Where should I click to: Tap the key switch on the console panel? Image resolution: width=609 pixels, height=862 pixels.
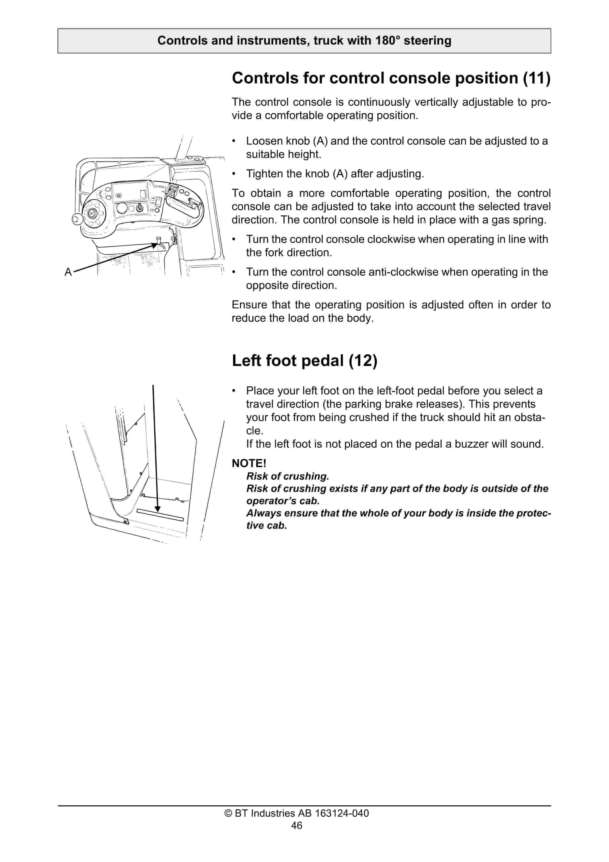tap(139, 208)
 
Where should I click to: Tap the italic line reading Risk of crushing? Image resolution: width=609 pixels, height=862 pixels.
tap(288, 476)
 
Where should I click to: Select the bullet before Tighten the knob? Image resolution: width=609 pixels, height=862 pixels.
tap(234, 174)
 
